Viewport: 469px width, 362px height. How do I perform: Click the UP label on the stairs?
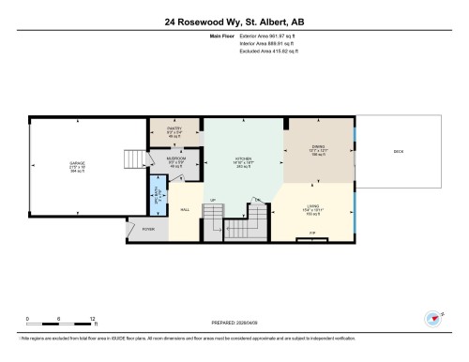coord(214,201)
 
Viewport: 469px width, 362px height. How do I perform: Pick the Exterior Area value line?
coord(260,36)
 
